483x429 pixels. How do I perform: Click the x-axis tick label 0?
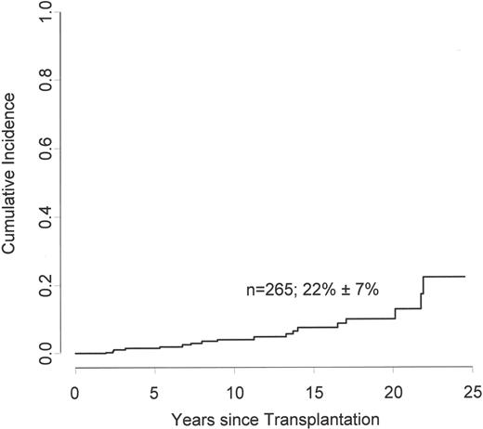tap(74, 391)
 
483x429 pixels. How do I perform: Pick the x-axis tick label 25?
tap(472, 391)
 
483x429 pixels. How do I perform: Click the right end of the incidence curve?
tap(464, 277)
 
